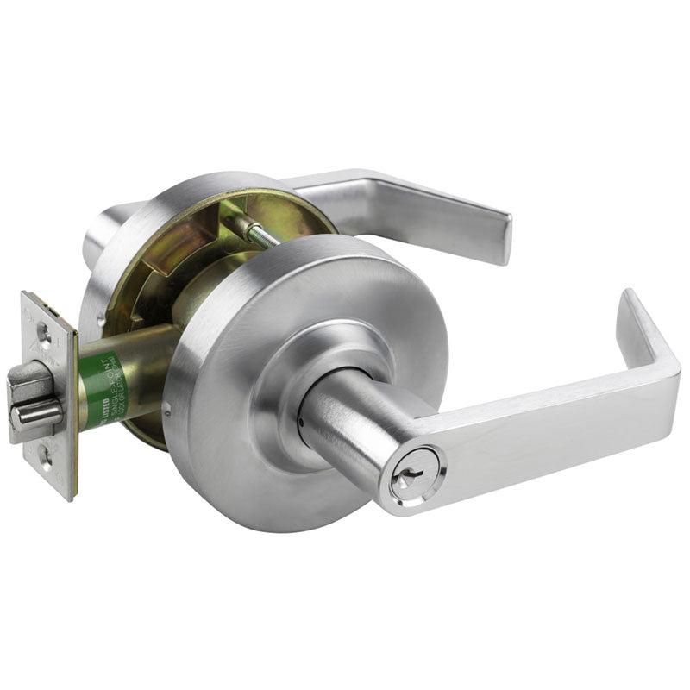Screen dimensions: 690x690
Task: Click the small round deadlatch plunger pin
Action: tap(36, 417)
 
